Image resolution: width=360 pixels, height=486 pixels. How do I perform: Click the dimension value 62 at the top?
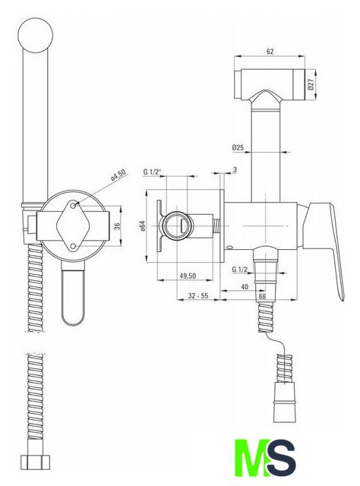pos(270,52)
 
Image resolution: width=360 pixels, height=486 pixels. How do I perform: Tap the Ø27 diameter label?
pos(311,84)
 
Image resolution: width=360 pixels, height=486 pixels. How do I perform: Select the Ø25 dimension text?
pos(238,147)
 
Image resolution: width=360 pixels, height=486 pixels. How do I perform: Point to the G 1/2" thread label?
pos(153,172)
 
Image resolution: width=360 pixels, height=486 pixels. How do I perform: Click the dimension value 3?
pos(235,169)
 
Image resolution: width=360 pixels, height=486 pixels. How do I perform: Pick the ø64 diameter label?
pos(142,226)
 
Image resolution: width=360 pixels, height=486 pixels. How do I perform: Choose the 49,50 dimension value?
pos(188,275)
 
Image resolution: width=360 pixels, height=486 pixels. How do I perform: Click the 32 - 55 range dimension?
pos(198,295)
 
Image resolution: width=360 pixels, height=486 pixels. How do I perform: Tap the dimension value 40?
pos(245,287)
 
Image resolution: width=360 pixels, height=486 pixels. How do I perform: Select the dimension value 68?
pos(262,296)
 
